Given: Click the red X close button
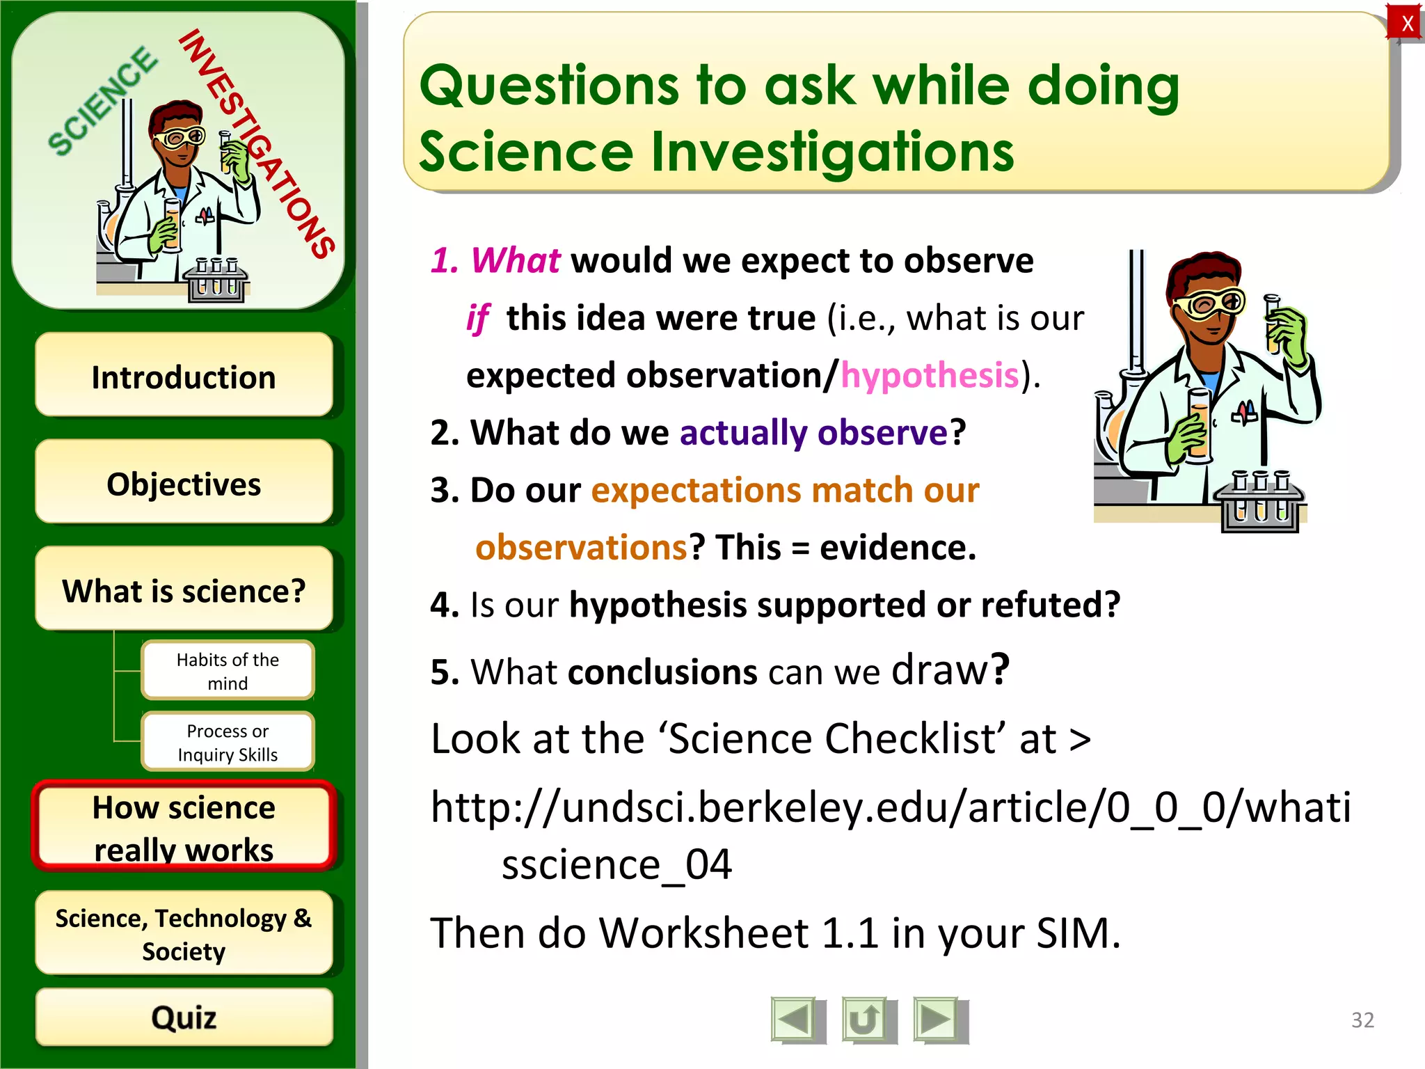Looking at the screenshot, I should (x=1406, y=23).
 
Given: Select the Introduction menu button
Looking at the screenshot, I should (x=184, y=377).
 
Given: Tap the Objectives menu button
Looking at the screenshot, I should (x=184, y=483).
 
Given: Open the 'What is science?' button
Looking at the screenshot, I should (x=184, y=590).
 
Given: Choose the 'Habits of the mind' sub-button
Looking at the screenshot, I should (x=228, y=671).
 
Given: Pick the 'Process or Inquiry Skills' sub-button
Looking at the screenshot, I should (x=228, y=743).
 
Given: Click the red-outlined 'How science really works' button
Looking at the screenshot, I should (x=184, y=828).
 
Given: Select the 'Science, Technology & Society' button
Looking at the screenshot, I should (x=184, y=933).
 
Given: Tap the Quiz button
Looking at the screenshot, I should (x=184, y=1017).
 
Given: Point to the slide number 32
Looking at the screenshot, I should (x=1362, y=1020).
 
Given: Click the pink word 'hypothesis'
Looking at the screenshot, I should (x=930, y=376).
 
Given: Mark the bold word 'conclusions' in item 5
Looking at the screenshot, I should (x=662, y=672).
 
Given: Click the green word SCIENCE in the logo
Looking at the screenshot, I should (x=102, y=101).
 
